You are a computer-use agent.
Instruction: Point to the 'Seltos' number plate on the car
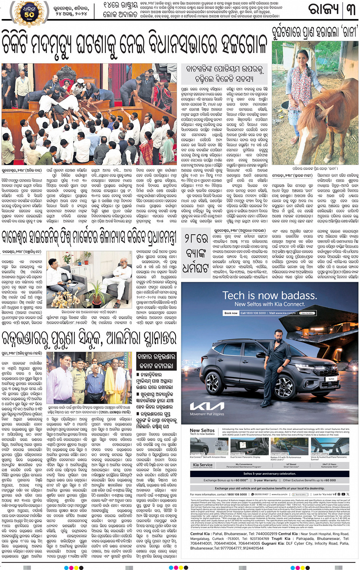331,379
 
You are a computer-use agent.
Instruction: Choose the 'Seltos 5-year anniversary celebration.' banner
269,474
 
